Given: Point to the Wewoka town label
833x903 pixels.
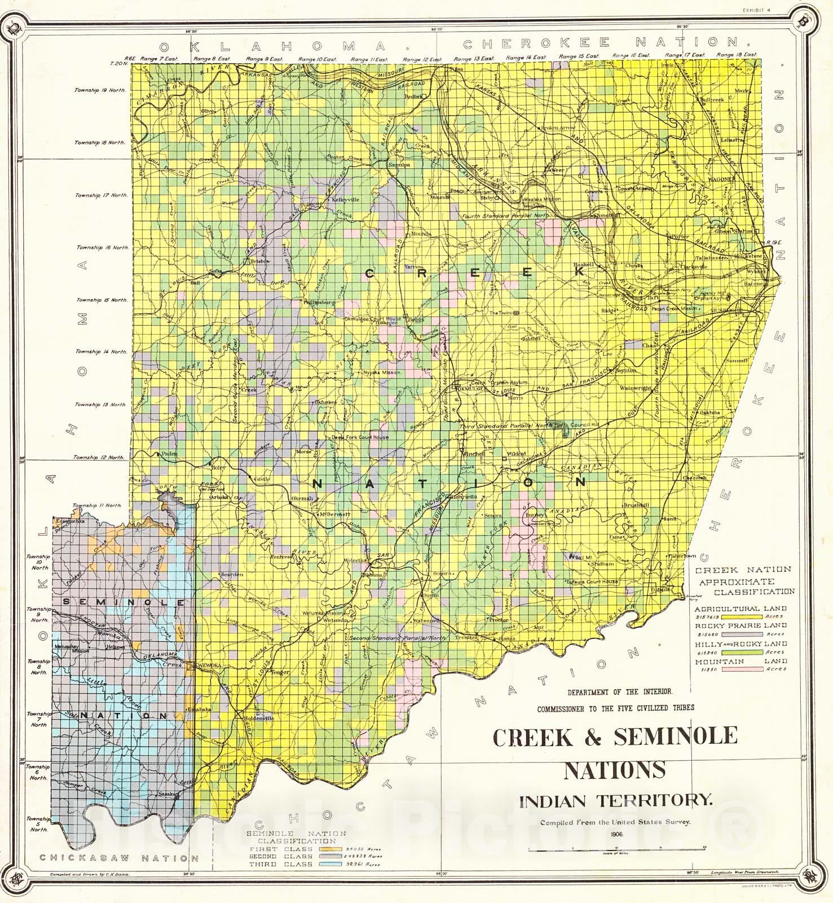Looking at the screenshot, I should click(x=206, y=666).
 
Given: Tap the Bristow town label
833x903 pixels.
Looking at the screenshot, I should click(x=261, y=261).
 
